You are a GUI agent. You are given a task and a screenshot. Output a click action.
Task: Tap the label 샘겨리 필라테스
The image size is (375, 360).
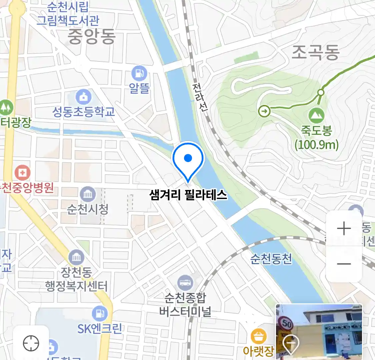point(188,195)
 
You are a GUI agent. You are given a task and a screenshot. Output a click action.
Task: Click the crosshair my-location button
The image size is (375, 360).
point(31,343)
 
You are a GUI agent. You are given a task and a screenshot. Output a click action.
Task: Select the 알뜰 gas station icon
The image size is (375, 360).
point(139,73)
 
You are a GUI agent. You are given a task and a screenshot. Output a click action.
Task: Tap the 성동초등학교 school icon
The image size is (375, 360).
point(83,97)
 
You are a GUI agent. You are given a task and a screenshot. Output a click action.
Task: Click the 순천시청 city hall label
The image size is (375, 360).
point(88,209)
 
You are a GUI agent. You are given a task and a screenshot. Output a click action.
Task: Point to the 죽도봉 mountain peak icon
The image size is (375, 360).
point(316,116)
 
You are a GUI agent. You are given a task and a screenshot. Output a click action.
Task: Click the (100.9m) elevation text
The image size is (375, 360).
point(316,145)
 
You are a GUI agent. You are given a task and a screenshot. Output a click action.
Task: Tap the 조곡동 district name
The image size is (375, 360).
point(315,52)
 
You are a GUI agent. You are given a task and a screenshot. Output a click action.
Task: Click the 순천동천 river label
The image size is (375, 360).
point(271,259)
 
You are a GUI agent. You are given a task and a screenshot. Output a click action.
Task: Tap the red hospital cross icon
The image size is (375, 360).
point(22,173)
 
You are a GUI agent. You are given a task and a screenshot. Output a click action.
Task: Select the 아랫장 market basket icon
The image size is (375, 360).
point(258,337)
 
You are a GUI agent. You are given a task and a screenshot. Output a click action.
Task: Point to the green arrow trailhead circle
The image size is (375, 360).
point(264,111)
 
